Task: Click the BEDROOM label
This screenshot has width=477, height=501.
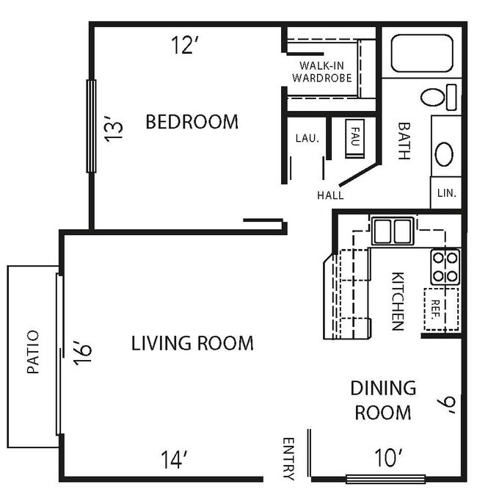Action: tap(192, 121)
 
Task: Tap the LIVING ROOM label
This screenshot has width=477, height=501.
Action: tap(192, 342)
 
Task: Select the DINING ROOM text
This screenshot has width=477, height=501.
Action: tap(382, 400)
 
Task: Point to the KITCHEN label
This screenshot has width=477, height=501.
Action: tap(397, 301)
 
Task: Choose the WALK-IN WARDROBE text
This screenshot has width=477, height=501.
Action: tap(321, 71)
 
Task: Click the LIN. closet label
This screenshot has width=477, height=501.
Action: tap(446, 193)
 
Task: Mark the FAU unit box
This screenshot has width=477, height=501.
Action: tap(354, 136)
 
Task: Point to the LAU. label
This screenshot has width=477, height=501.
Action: tap(306, 137)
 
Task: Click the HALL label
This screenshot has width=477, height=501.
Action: tap(330, 195)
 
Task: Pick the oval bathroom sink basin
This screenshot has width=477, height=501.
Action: tap(445, 154)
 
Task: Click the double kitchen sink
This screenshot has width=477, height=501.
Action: tap(391, 231)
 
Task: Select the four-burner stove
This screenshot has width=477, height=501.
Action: tap(445, 267)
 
